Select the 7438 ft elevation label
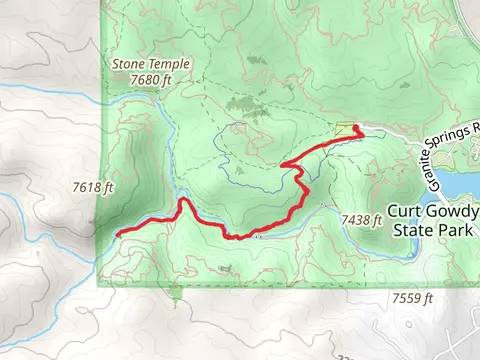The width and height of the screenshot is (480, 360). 362,219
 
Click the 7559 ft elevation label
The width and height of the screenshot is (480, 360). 412,298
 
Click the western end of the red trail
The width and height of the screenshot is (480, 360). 118,234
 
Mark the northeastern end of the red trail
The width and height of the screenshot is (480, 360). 357,126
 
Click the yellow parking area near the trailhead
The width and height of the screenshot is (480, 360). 346,130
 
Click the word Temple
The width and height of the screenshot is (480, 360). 167,62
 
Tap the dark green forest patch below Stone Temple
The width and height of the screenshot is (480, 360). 243,103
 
